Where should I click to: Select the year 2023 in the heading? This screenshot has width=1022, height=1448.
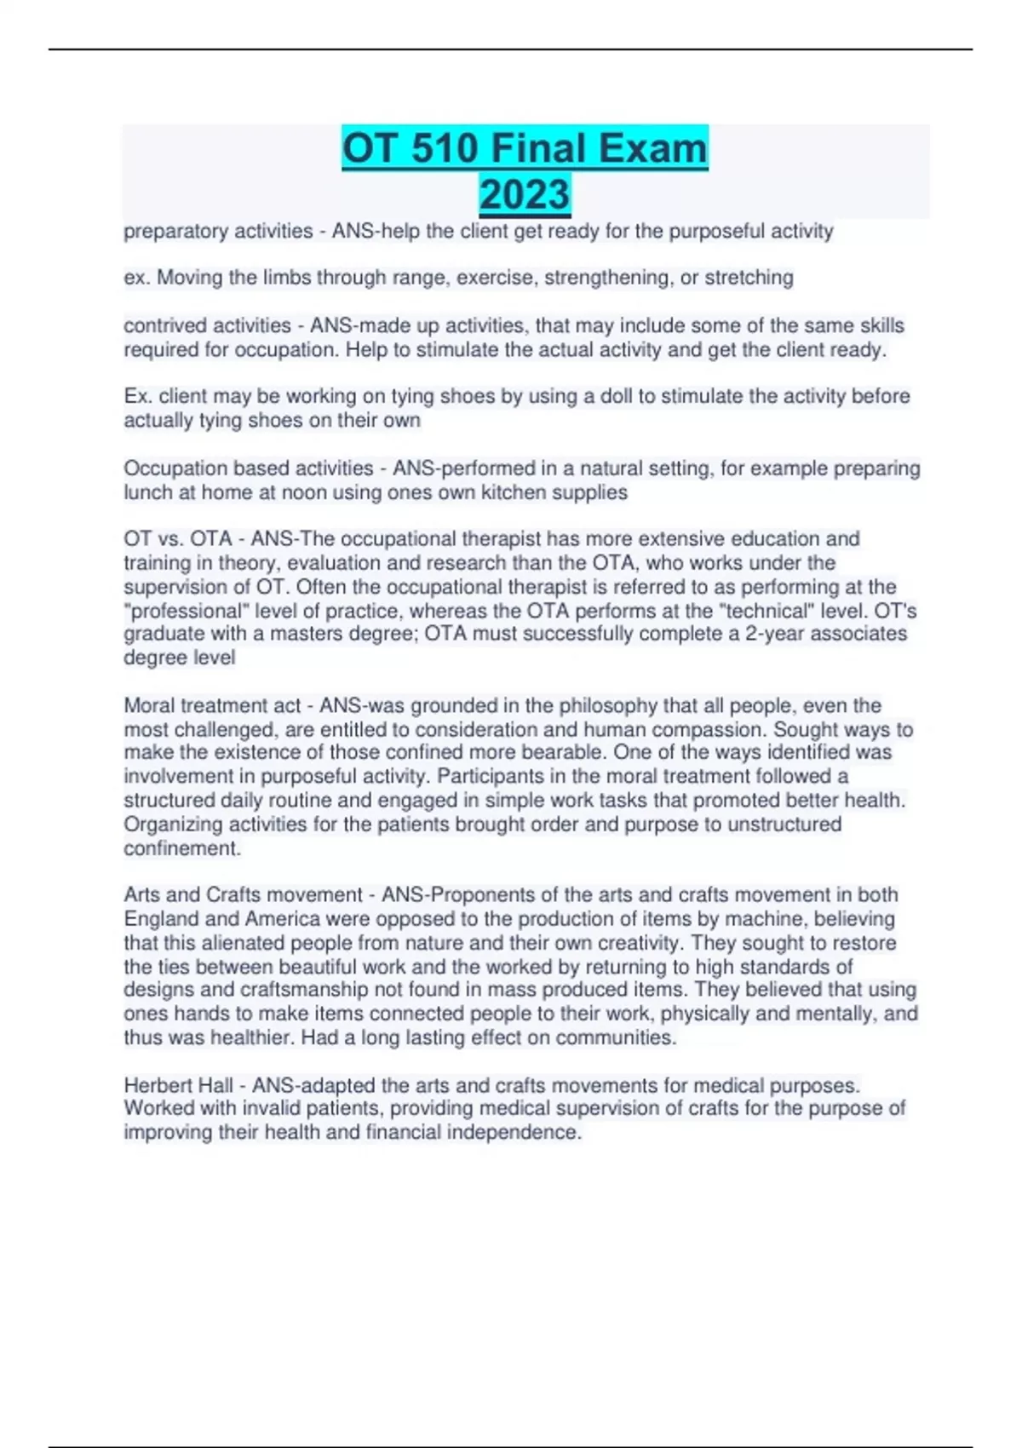click(524, 194)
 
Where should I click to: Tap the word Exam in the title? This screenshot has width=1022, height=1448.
click(652, 148)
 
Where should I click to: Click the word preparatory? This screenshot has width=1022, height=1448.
click(175, 232)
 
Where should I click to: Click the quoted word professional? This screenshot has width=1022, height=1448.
click(172, 611)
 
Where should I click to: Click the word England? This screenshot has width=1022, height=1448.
click(161, 919)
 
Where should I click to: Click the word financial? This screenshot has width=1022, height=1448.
click(403, 1132)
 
